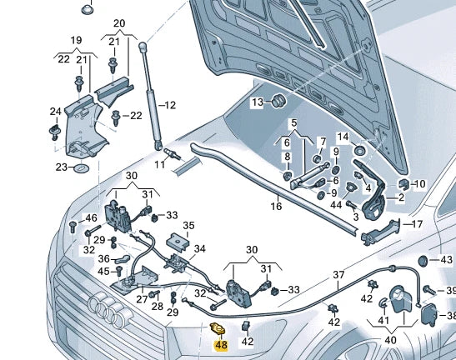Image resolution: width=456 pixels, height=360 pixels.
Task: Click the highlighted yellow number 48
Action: (x=222, y=345)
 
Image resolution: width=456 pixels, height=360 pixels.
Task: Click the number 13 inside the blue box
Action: (x=258, y=102)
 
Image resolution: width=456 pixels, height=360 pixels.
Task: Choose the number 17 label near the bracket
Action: (x=418, y=224)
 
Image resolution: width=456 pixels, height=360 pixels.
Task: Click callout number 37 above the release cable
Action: (x=338, y=274)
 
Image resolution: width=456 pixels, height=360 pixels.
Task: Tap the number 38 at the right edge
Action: (x=449, y=316)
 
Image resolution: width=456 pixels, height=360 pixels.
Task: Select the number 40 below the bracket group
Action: (x=390, y=339)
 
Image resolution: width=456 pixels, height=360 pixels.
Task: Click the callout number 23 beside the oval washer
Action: (x=61, y=167)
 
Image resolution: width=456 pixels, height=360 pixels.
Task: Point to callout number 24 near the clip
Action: (x=55, y=111)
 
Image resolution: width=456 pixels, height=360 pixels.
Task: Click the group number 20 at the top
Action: (x=119, y=22)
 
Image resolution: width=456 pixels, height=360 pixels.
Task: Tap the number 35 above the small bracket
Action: (x=188, y=225)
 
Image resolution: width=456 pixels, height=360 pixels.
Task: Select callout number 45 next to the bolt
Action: (x=103, y=271)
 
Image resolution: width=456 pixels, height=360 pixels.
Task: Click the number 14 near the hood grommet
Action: (x=343, y=136)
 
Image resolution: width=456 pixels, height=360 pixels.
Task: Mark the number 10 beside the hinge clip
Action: (x=419, y=183)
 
